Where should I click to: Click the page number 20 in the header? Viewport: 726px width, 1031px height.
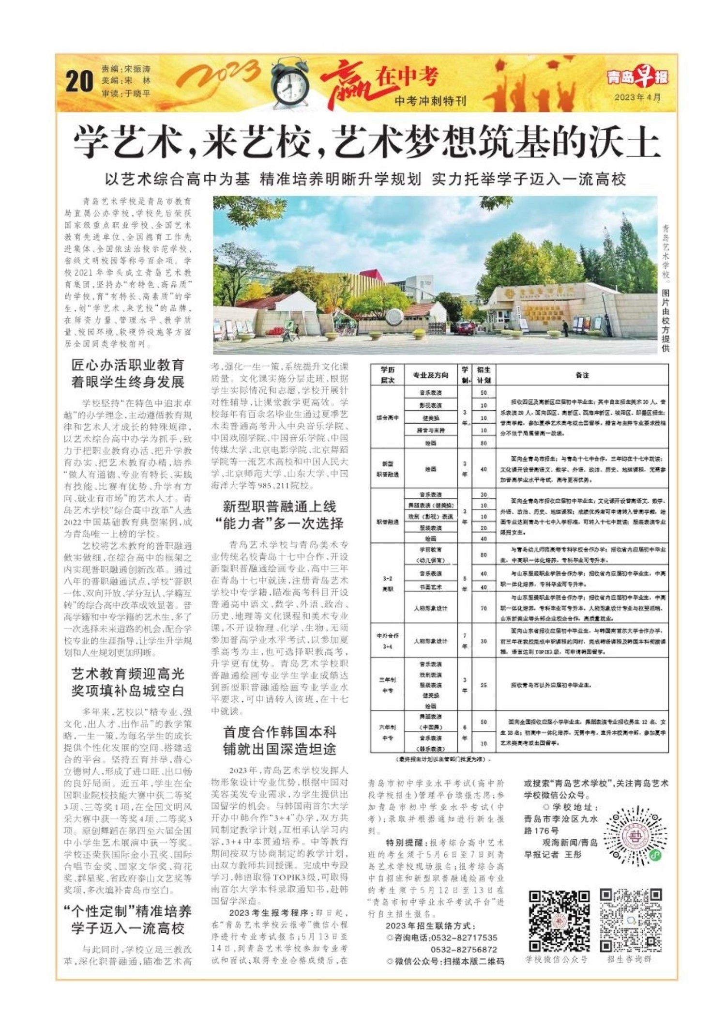(x=79, y=81)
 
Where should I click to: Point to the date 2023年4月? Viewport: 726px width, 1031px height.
(x=637, y=97)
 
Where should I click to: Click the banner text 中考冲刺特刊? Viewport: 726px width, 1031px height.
(x=430, y=101)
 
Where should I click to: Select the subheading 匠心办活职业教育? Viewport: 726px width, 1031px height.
(x=128, y=365)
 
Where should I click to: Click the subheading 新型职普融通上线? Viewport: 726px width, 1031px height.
(x=279, y=507)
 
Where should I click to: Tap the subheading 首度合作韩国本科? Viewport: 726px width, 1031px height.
(x=279, y=732)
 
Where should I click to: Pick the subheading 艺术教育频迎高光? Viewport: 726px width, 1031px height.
(x=128, y=674)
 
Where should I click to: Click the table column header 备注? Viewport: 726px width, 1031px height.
(x=582, y=375)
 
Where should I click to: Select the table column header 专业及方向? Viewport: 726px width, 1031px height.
(x=430, y=375)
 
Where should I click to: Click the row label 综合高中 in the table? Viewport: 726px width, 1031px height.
(x=387, y=417)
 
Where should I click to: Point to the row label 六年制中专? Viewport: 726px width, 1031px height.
(x=387, y=732)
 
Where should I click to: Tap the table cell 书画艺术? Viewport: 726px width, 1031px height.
(x=430, y=587)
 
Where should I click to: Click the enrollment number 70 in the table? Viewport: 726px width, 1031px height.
(x=483, y=608)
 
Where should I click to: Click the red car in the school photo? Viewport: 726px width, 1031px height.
(x=466, y=328)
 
